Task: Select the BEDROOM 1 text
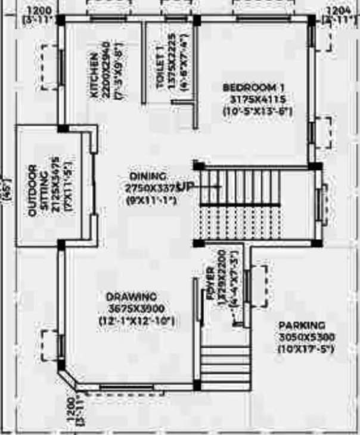[x=257, y=88]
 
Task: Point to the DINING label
[x=148, y=176]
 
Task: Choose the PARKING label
[x=302, y=325]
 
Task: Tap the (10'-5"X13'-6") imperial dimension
[x=257, y=111]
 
